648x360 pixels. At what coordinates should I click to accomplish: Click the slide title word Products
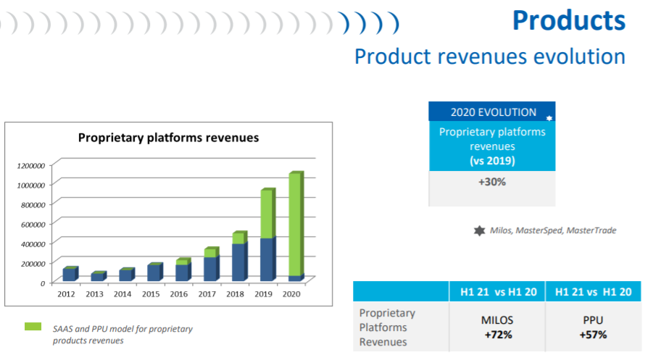tap(568, 20)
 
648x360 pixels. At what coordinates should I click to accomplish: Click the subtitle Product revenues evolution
tap(489, 56)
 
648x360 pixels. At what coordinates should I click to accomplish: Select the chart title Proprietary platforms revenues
tap(168, 137)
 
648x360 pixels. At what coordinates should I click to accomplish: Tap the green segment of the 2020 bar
tap(295, 225)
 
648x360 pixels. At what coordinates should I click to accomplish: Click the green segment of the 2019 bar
tap(266, 214)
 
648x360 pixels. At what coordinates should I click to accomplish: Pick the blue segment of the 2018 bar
tap(238, 262)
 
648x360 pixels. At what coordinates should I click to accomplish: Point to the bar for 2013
tap(97, 277)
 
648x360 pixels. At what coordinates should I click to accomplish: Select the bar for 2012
tap(69, 275)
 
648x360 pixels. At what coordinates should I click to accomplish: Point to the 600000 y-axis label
tap(33, 224)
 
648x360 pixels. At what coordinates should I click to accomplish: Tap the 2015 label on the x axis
tap(151, 294)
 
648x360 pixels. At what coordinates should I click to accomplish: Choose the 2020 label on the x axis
tap(292, 294)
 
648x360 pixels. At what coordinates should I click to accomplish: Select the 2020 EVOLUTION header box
tap(493, 112)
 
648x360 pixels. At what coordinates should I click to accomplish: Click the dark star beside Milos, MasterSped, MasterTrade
tap(478, 230)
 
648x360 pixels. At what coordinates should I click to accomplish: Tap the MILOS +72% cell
tap(497, 327)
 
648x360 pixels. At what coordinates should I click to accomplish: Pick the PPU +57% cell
tap(592, 327)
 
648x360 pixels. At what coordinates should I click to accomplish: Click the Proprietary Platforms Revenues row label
tap(388, 327)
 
